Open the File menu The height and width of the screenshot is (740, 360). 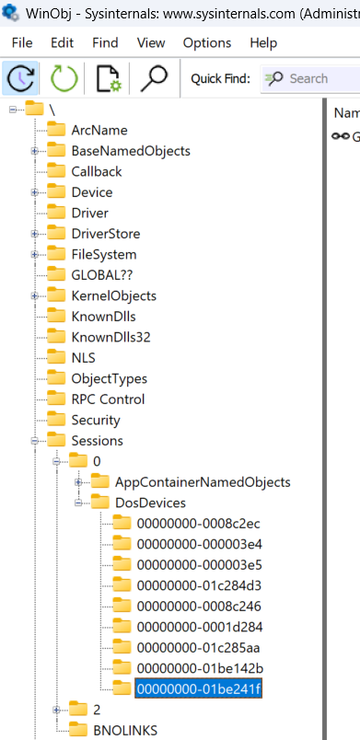tap(22, 43)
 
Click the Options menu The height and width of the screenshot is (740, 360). tap(207, 43)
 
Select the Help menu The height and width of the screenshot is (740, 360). tap(263, 43)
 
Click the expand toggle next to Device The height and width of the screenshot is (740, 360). tap(35, 192)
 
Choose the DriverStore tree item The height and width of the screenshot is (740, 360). tap(106, 234)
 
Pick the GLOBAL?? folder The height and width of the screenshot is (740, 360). tap(102, 275)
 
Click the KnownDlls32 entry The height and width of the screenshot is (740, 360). tap(110, 337)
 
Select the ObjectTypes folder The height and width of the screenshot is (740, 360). tap(109, 378)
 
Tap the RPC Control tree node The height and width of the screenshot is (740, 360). tap(108, 399)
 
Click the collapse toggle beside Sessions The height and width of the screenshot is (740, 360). tap(35, 441)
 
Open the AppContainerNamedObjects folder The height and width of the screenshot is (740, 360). tap(203, 482)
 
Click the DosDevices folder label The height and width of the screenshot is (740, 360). tap(150, 503)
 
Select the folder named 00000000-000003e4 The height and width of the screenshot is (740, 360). tap(199, 544)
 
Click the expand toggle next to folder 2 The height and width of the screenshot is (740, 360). tap(57, 710)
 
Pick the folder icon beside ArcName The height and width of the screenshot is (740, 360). tap(57, 130)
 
